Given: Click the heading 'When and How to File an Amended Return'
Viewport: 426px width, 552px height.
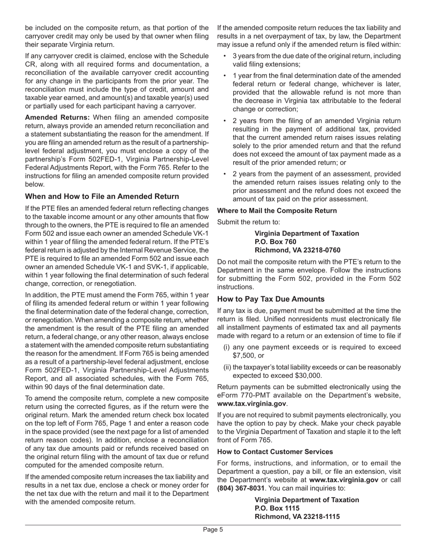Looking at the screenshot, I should point(102,197).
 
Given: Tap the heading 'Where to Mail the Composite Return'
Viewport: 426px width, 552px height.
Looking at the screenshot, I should point(277,210).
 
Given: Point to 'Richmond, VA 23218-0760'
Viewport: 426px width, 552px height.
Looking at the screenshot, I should point(297,250).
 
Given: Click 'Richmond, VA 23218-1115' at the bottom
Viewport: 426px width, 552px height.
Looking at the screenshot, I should point(297,517).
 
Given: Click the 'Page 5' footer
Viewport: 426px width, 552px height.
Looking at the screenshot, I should point(213,530).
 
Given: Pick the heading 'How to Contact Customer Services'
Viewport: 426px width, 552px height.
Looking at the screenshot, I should point(275,451).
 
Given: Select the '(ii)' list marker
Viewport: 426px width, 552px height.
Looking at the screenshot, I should point(227,367).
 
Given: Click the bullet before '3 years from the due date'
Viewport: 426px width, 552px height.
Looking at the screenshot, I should point(225,56).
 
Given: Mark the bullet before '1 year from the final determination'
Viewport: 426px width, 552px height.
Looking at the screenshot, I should point(225,76).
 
